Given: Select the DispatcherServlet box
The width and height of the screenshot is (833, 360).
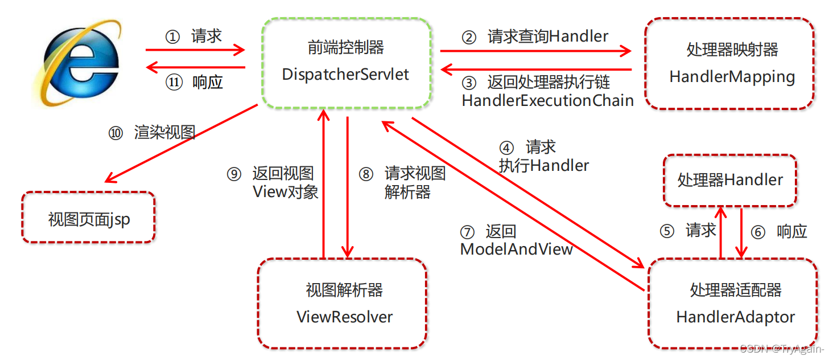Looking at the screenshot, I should pos(345,63).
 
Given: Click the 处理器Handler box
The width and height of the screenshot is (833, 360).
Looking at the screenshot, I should pos(730,181).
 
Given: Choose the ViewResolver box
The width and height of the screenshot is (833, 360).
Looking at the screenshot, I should pos(344,303).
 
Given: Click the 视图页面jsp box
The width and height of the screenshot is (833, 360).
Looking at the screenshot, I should pos(89,218).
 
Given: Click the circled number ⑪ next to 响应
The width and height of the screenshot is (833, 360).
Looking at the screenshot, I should pos(174,83).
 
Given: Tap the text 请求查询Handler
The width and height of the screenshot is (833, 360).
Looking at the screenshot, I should pos(548,37).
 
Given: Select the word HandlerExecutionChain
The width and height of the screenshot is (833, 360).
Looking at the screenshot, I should pos(547,101).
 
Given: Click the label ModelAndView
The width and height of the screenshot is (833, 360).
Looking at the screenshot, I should pos(516,249).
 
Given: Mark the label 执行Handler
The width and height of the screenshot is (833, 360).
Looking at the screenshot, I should pos(543,166).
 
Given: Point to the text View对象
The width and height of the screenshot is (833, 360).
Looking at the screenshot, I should pos(285,192).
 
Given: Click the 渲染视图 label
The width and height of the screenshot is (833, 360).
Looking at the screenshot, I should pos(164,133).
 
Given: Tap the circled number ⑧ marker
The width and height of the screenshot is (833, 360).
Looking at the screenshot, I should pos(366,174).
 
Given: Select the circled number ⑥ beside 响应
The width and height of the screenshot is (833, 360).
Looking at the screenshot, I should pos(757,232).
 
